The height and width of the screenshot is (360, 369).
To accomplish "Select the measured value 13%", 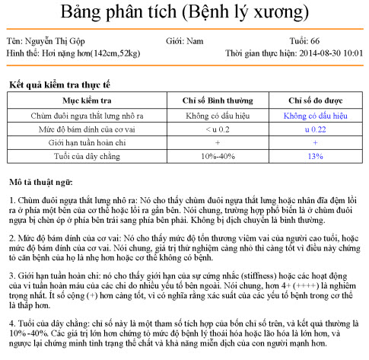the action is point(314,156).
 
